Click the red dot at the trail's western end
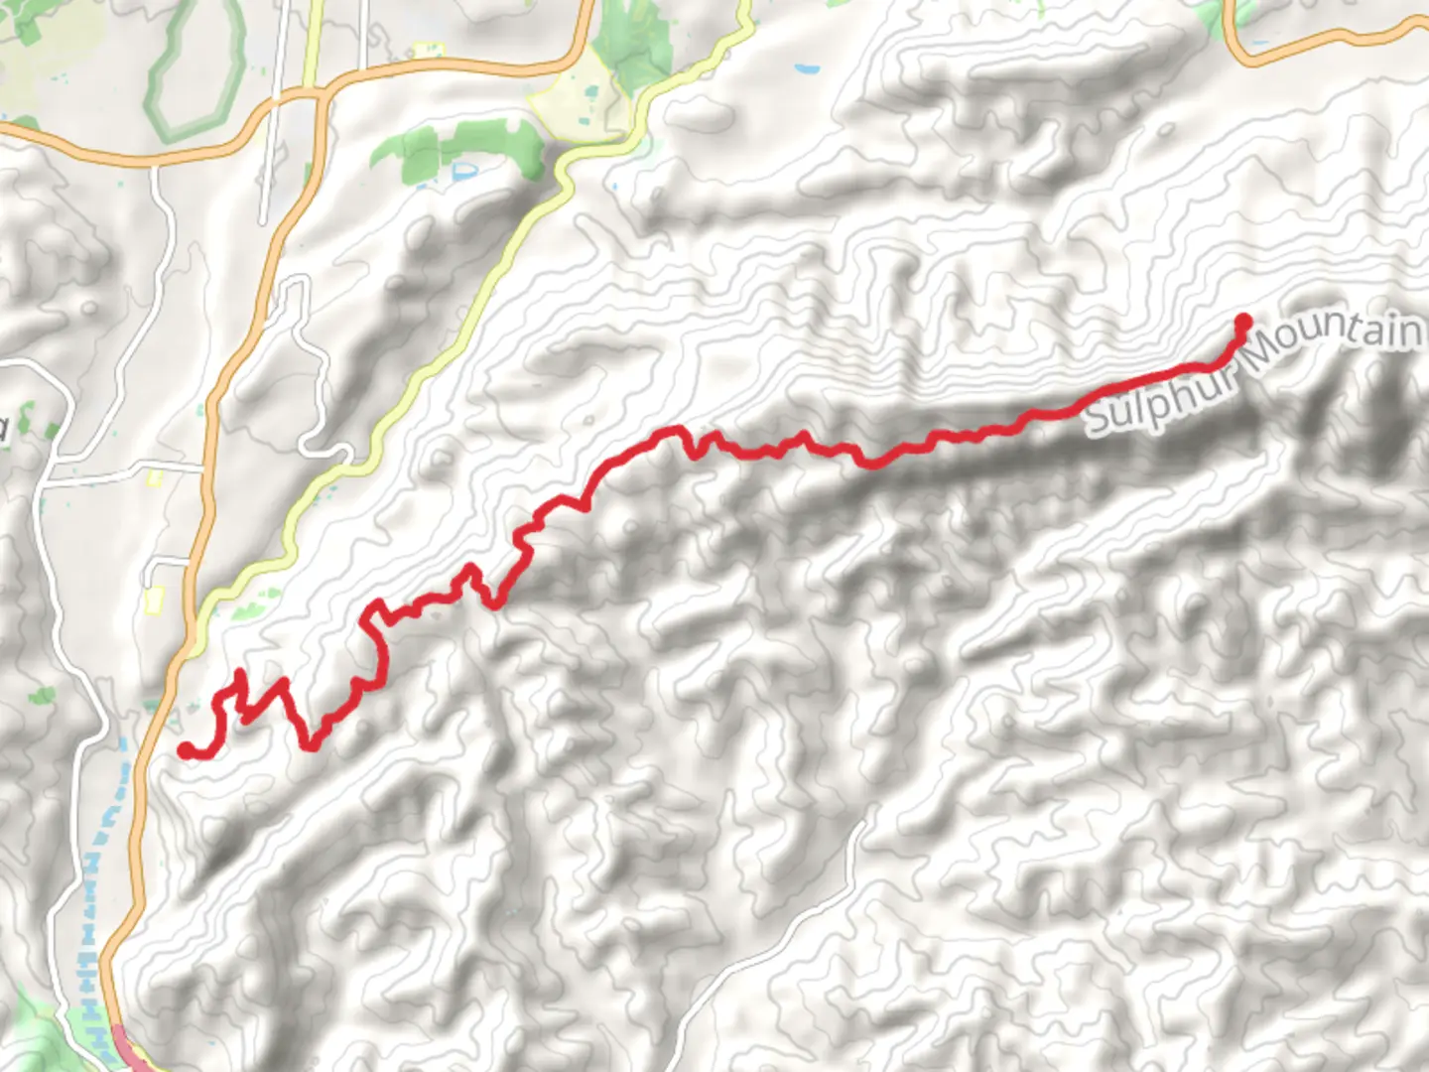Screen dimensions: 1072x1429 click(x=186, y=750)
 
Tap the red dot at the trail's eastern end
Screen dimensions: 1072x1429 click(x=1242, y=321)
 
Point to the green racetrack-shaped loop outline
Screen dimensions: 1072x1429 click(x=195, y=69)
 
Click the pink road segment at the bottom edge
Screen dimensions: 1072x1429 click(x=130, y=1047)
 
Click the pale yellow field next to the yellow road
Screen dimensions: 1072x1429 click(x=581, y=99)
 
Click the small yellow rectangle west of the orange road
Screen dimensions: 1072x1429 click(x=154, y=600)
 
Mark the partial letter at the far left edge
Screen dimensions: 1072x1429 click(x=4, y=429)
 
